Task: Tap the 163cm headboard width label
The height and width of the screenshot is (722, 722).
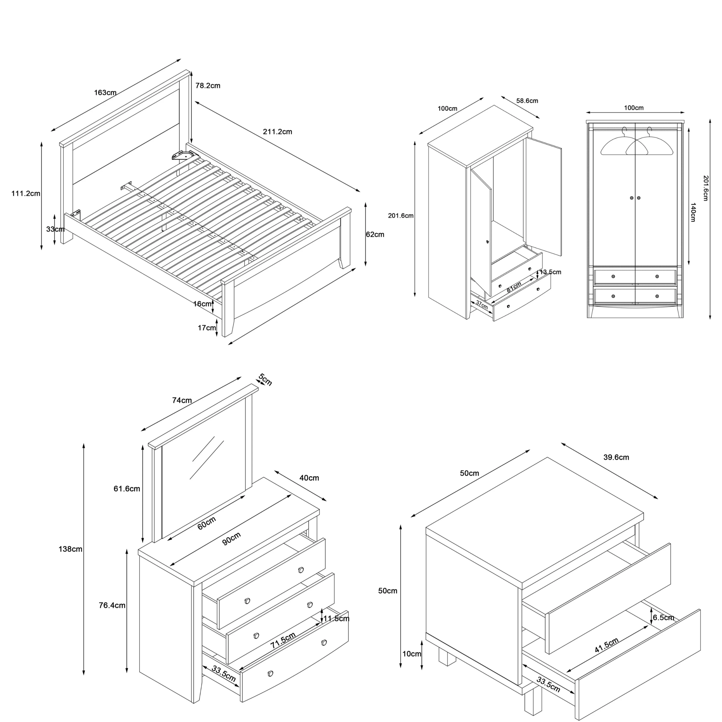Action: pyautogui.click(x=105, y=92)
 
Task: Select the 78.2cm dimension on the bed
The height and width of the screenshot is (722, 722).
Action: pyautogui.click(x=208, y=85)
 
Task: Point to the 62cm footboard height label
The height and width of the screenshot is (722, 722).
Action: pyautogui.click(x=375, y=234)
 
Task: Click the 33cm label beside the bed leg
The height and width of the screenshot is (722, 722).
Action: pyautogui.click(x=55, y=229)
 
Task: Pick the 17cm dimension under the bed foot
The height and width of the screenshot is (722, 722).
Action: pyautogui.click(x=207, y=328)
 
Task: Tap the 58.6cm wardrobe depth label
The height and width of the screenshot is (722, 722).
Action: pyautogui.click(x=527, y=100)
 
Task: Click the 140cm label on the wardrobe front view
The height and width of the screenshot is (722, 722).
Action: pyautogui.click(x=693, y=212)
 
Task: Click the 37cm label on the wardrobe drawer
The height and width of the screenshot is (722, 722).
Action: pyautogui.click(x=482, y=305)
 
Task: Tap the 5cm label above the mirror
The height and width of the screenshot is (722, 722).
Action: pyautogui.click(x=265, y=380)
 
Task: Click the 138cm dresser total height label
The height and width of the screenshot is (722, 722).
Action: pyautogui.click(x=70, y=549)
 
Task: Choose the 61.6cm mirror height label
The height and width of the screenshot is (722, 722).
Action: pyautogui.click(x=127, y=489)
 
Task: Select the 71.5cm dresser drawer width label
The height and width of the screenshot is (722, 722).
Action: pyautogui.click(x=283, y=640)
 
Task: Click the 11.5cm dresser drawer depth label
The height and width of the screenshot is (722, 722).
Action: pyautogui.click(x=336, y=619)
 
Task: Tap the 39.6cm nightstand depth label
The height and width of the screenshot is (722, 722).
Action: pyautogui.click(x=616, y=457)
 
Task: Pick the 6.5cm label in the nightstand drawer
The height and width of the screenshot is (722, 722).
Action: pyautogui.click(x=663, y=617)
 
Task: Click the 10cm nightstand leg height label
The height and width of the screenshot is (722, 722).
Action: pyautogui.click(x=412, y=654)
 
